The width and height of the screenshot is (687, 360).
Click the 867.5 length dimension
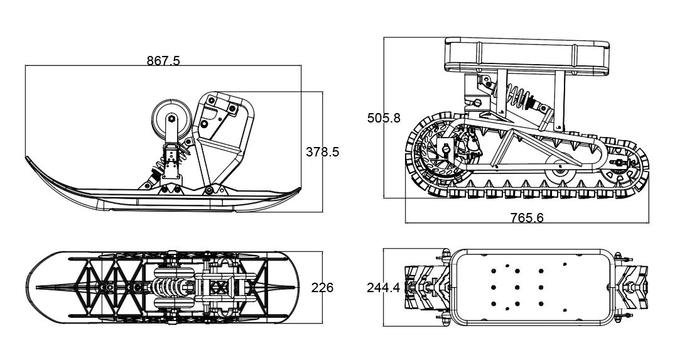pyautogui.click(x=163, y=61)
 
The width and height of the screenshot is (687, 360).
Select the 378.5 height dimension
pyautogui.click(x=322, y=151)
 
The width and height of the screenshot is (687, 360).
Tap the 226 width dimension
pyautogui.click(x=322, y=288)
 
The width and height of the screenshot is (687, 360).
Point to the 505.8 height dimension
pyautogui.click(x=384, y=118)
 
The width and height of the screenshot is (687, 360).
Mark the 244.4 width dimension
pyautogui.click(x=383, y=288)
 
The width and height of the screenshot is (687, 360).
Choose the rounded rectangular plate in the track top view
pyautogui.click(x=531, y=288)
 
